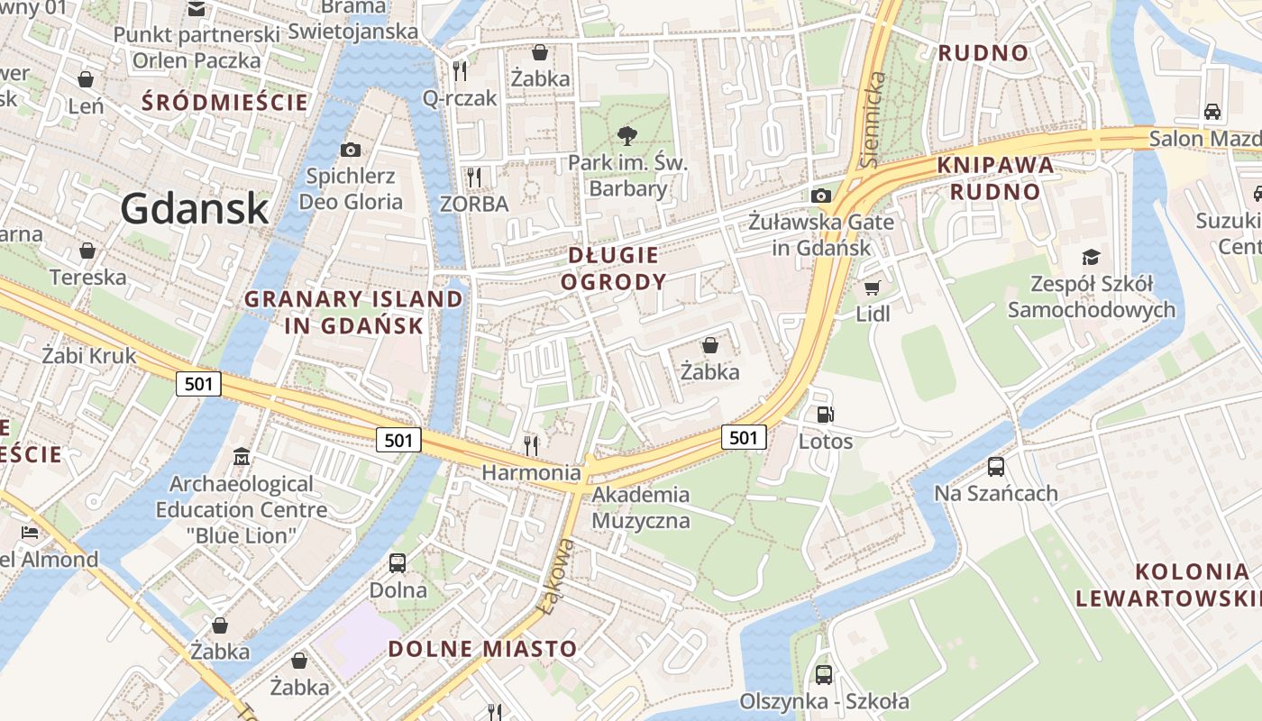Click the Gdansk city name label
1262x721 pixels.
click(x=195, y=208)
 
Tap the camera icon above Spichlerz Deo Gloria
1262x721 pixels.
click(x=351, y=150)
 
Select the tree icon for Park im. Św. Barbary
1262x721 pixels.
click(x=626, y=136)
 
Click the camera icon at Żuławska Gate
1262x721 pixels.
click(x=820, y=196)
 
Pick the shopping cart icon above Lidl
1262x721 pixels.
click(x=872, y=287)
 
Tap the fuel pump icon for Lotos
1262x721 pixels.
click(x=825, y=415)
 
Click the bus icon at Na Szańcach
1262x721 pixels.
click(x=996, y=467)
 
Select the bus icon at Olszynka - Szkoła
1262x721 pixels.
click(x=824, y=674)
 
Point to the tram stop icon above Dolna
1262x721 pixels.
click(x=398, y=563)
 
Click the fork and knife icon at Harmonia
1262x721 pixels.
click(x=531, y=444)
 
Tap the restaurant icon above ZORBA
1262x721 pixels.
click(x=474, y=177)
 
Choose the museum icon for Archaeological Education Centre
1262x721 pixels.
click(x=241, y=457)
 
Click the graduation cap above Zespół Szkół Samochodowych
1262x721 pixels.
click(x=1092, y=258)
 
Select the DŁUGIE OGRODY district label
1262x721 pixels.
click(x=613, y=269)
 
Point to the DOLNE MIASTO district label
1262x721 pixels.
click(x=482, y=649)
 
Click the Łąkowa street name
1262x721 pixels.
click(x=555, y=577)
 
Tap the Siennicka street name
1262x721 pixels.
click(x=872, y=120)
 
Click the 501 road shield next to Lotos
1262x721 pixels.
click(x=743, y=438)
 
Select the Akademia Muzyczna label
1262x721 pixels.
click(x=640, y=507)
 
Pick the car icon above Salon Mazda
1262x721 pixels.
click(x=1212, y=112)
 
